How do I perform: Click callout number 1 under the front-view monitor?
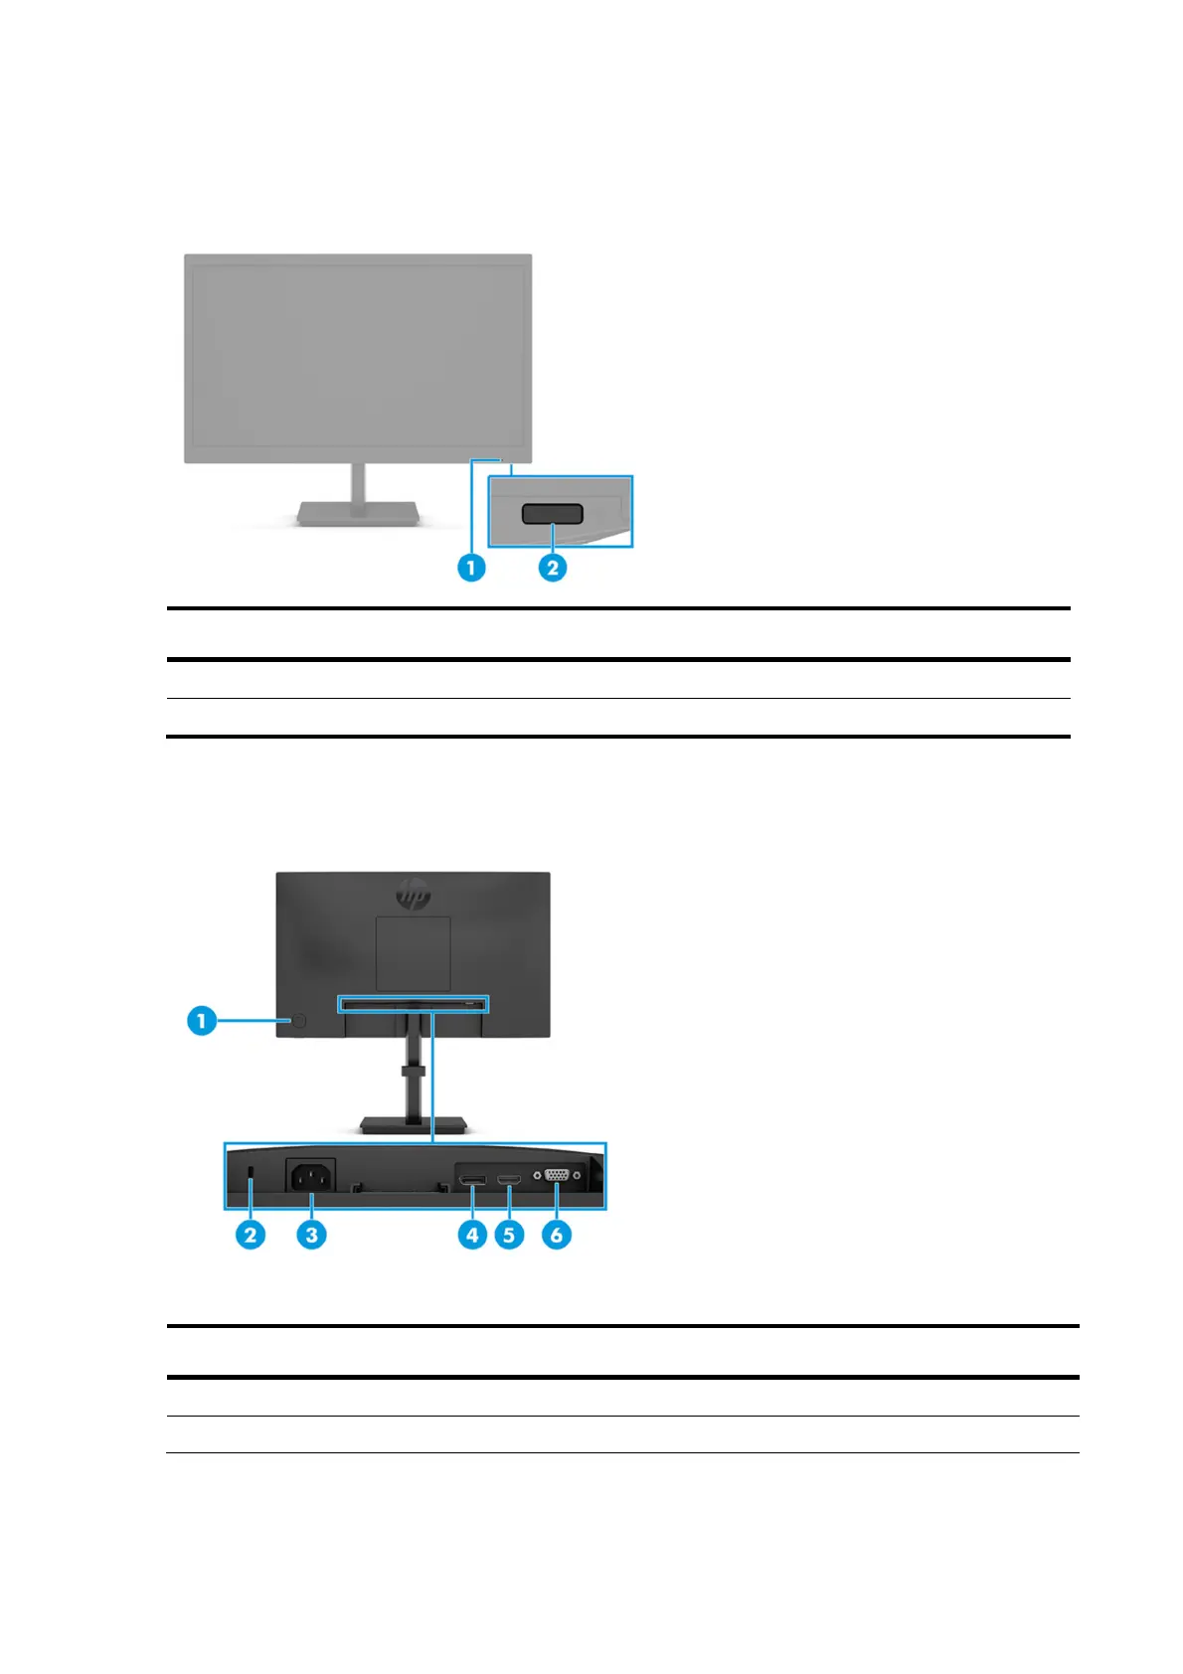click(x=471, y=568)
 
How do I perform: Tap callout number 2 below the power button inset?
click(x=553, y=568)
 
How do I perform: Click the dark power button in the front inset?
click(x=553, y=514)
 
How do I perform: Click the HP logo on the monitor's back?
click(x=414, y=894)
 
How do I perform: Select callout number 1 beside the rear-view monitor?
click(x=202, y=1020)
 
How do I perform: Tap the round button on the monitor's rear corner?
click(x=298, y=1021)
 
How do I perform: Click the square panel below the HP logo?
click(x=413, y=952)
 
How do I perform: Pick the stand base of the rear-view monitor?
click(x=414, y=1124)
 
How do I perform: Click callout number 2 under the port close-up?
click(x=251, y=1235)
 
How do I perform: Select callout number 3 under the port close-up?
click(x=312, y=1235)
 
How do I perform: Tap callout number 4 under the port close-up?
click(x=472, y=1235)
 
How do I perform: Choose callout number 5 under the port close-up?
click(x=509, y=1235)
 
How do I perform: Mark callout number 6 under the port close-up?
click(x=557, y=1235)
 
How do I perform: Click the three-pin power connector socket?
click(x=311, y=1177)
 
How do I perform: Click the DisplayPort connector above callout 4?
click(x=472, y=1180)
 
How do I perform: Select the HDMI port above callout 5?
click(x=509, y=1180)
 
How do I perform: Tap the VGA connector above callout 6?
click(x=557, y=1175)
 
